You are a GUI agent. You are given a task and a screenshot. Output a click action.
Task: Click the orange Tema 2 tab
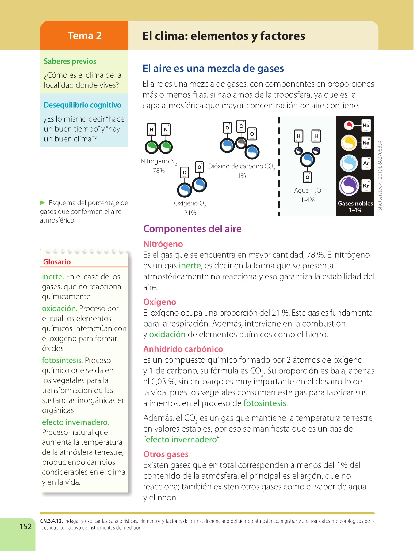[84, 36]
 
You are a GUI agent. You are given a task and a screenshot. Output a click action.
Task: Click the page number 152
[25, 526]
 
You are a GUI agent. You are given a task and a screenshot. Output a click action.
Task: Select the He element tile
[366, 126]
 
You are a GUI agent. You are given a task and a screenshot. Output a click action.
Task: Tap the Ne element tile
[366, 143]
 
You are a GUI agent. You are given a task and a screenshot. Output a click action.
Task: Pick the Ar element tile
[366, 163]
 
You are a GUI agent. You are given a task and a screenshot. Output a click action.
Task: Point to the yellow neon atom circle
[349, 143]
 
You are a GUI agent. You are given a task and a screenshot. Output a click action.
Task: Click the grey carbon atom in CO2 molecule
[242, 142]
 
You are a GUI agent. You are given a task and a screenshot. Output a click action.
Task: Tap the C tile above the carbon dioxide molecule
[241, 126]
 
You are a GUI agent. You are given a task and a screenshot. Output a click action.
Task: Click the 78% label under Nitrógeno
[159, 171]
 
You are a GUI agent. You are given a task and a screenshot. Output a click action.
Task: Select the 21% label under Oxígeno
[190, 213]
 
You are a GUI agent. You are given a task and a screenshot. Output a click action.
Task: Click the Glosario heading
[57, 262]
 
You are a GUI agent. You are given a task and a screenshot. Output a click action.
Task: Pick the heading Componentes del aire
[192, 229]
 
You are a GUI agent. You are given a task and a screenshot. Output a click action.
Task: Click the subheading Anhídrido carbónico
[183, 349]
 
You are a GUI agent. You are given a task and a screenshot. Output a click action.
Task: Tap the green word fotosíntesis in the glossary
[62, 360]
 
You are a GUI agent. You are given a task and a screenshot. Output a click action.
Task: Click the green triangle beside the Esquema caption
[43, 203]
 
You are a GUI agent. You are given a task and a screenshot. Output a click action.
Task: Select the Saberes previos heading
[70, 61]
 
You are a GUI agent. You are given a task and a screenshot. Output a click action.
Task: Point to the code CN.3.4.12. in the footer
[52, 521]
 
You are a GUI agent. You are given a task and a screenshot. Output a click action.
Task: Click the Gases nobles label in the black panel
[355, 204]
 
